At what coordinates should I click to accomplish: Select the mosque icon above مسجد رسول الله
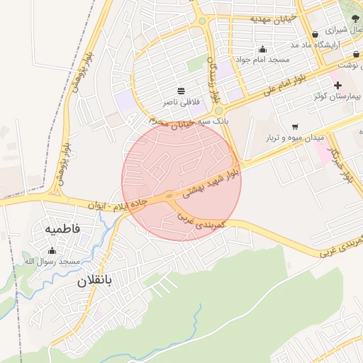coord(52,250)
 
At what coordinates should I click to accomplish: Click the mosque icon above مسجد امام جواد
coord(263,50)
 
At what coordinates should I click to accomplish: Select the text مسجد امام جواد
coord(262,60)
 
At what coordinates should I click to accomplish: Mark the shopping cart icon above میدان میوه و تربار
coord(294,126)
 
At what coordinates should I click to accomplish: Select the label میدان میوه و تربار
coord(295,137)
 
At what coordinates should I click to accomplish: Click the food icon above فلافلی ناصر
coord(181,91)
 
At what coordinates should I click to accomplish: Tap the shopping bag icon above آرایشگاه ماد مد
coord(315,34)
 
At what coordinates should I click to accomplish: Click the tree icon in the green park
coord(355,18)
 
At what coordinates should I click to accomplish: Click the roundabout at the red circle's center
coord(169,196)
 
